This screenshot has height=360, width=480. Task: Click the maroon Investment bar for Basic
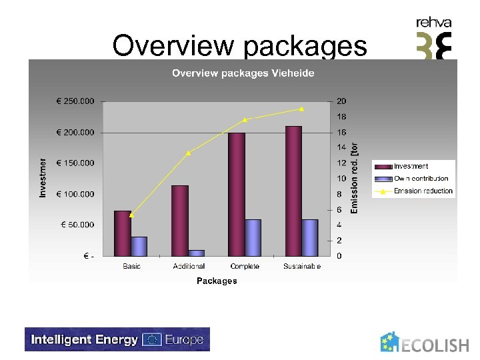click(x=123, y=233)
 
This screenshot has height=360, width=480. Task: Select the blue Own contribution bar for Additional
click(x=196, y=253)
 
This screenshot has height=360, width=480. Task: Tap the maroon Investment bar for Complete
click(x=237, y=194)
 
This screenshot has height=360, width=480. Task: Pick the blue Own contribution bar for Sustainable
click(x=310, y=237)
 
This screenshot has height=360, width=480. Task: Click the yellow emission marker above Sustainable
click(x=302, y=109)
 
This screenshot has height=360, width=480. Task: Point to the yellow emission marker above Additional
click(x=189, y=153)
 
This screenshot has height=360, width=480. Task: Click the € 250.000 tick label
click(x=75, y=101)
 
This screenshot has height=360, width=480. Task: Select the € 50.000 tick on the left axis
click(x=77, y=225)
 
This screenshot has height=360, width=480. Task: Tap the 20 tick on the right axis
click(x=341, y=101)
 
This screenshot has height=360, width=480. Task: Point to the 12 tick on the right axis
click(x=341, y=163)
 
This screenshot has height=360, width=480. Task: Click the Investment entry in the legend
click(x=411, y=166)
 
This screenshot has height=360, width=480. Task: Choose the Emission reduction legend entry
click(x=423, y=191)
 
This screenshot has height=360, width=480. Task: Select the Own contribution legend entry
click(x=421, y=179)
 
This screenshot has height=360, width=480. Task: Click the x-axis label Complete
click(x=245, y=266)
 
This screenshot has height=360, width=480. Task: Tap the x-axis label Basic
click(x=131, y=266)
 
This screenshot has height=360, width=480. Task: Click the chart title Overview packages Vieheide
click(x=243, y=73)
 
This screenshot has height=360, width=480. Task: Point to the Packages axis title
click(x=217, y=281)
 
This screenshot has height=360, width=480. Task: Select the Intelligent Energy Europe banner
click(x=117, y=339)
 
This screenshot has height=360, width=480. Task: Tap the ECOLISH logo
click(x=425, y=343)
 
